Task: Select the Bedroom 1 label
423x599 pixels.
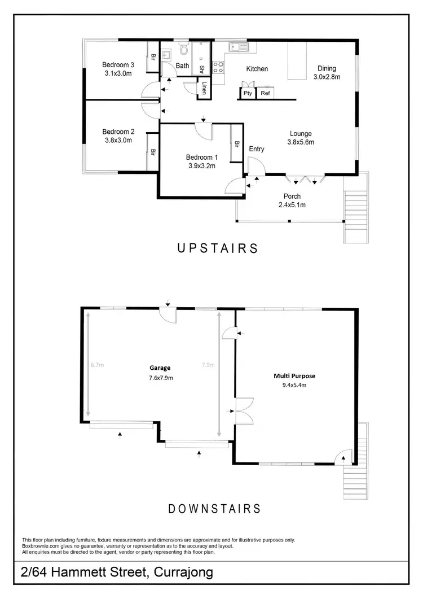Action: pos(201,157)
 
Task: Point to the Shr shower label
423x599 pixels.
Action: pos(201,69)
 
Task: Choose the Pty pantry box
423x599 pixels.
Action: pos(248,94)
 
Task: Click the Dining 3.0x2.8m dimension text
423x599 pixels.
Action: pos(327,77)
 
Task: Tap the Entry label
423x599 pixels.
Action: pos(257,149)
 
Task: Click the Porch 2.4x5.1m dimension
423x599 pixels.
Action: pos(292,205)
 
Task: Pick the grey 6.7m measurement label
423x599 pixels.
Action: pos(97,365)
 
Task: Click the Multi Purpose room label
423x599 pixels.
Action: pos(294,376)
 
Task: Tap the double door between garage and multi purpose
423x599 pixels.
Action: pos(244,413)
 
